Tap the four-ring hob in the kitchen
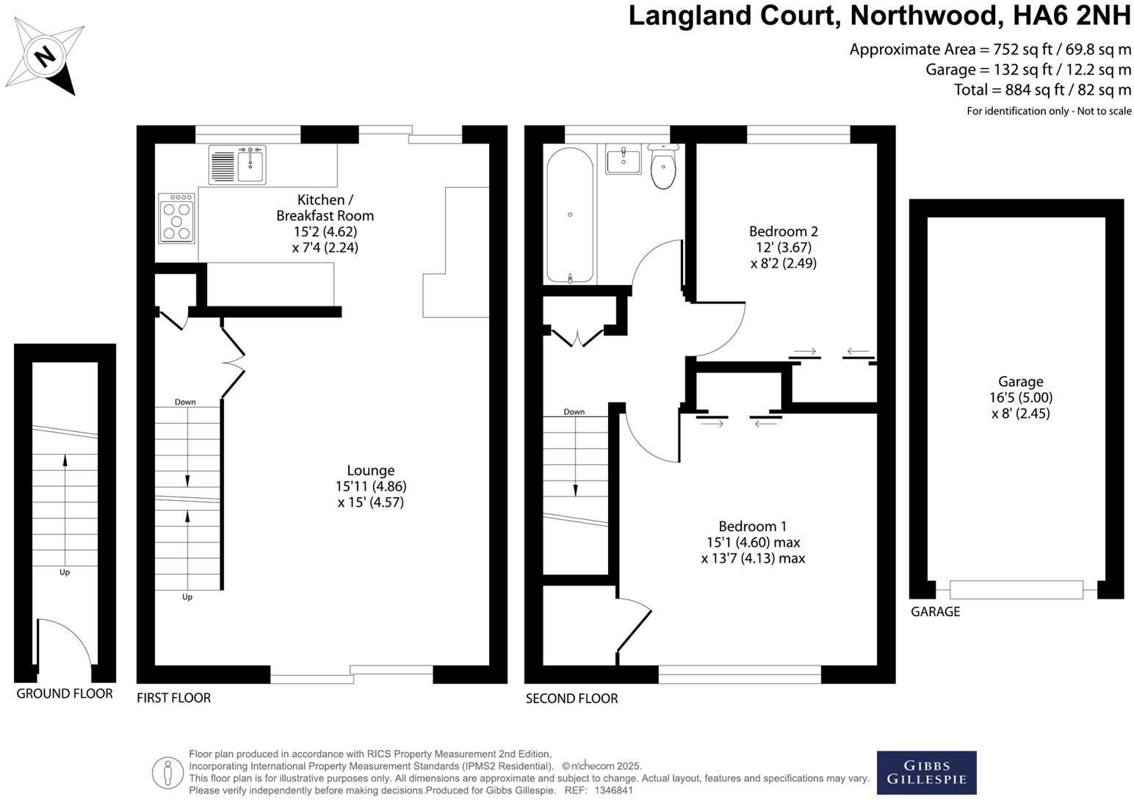(176, 218)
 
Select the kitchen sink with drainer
(237, 165)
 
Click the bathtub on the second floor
(570, 214)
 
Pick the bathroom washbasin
(624, 159)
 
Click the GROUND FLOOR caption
(65, 693)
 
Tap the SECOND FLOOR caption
(571, 698)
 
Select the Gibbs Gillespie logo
(926, 772)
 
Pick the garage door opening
(1016, 590)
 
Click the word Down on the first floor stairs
(185, 402)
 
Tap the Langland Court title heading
(879, 16)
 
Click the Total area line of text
(1042, 90)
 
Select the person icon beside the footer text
(167, 773)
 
